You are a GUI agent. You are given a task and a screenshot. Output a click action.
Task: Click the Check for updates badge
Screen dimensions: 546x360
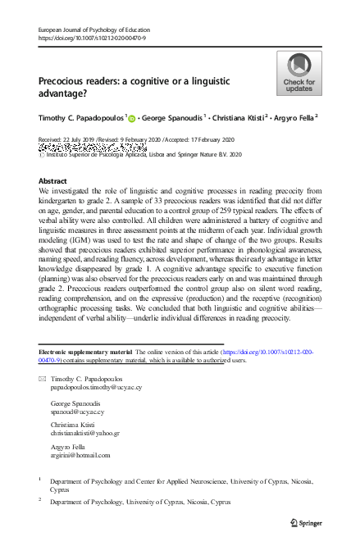[298, 73]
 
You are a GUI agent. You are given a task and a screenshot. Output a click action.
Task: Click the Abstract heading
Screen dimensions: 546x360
[53, 180]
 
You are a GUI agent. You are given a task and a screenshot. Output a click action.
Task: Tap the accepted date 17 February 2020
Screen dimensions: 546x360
[220, 143]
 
